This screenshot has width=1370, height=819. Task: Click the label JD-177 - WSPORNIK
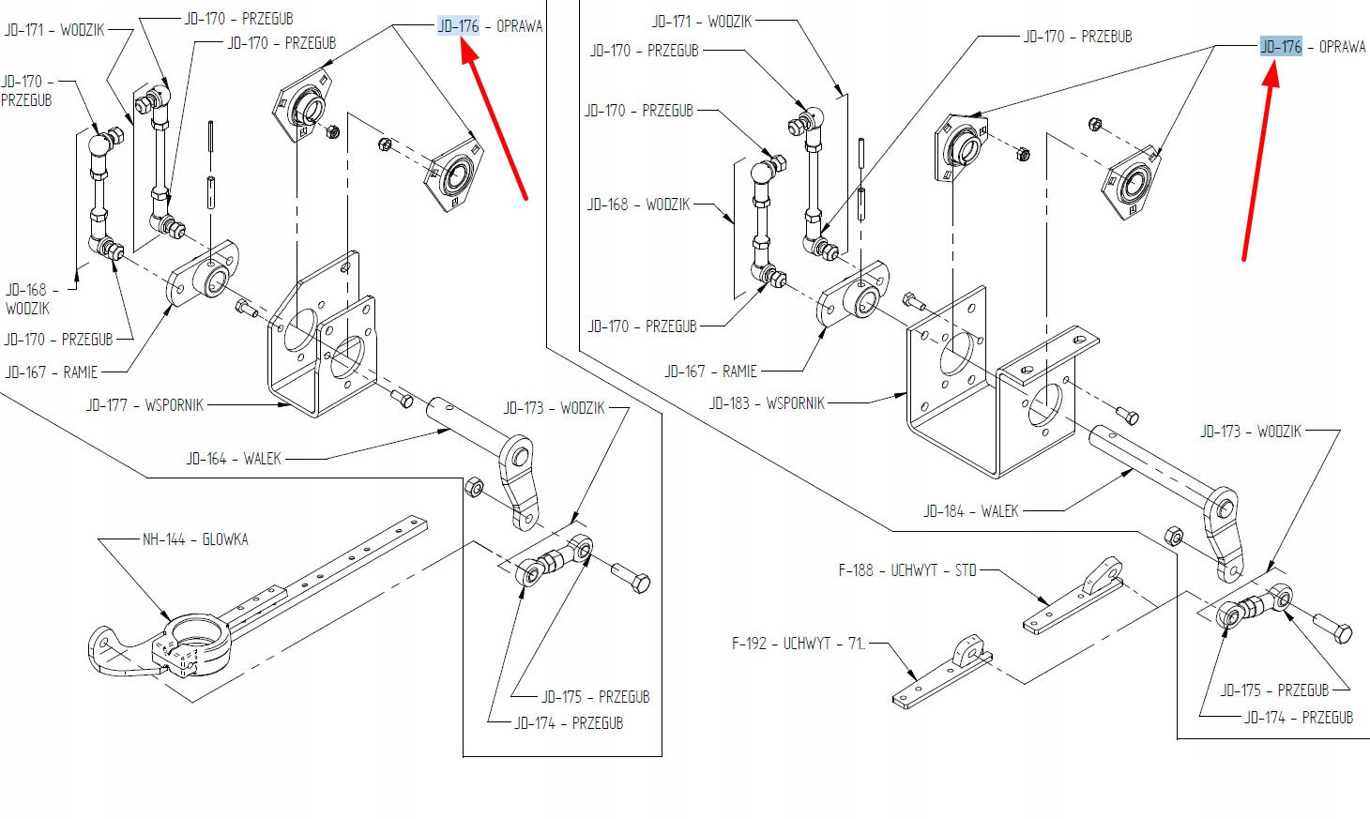coord(145,405)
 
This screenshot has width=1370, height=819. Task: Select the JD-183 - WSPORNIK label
coord(767,403)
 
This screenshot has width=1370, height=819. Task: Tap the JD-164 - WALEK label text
coord(234,459)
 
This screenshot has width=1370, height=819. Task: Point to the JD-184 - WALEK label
coord(971,510)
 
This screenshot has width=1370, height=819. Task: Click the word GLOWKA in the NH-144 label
coord(225,539)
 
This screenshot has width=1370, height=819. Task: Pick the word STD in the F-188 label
coord(966,570)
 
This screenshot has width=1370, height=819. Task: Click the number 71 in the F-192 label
coord(856,644)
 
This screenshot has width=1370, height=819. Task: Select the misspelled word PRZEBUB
coord(1106,37)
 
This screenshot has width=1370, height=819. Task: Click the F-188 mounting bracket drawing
coord(1073,596)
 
